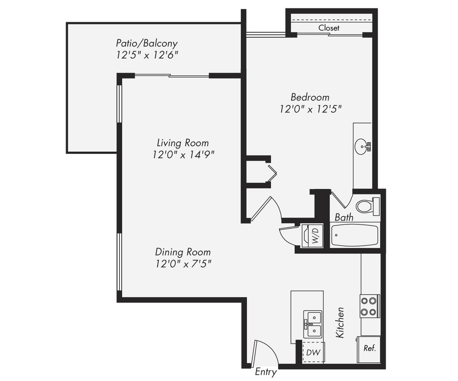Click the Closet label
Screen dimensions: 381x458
pyautogui.click(x=329, y=28)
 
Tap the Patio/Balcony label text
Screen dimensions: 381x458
pyautogui.click(x=146, y=43)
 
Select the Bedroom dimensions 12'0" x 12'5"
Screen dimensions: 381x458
pyautogui.click(x=310, y=109)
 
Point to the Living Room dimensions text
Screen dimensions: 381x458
pyautogui.click(x=183, y=154)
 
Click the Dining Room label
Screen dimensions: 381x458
pyautogui.click(x=183, y=252)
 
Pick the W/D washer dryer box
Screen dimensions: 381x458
pyautogui.click(x=312, y=236)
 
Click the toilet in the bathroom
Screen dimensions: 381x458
pyautogui.click(x=366, y=207)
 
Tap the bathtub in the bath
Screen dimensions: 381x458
pyautogui.click(x=354, y=235)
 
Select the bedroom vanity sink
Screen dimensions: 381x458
pyautogui.click(x=362, y=147)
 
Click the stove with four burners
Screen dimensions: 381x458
pyautogui.click(x=369, y=306)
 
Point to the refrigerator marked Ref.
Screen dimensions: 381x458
pyautogui.click(x=369, y=349)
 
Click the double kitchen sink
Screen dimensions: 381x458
pyautogui.click(x=312, y=324)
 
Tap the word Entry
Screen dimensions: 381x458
pyautogui.click(x=265, y=372)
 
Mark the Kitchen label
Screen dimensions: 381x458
pyautogui.click(x=340, y=322)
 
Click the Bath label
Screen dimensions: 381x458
pyautogui.click(x=344, y=218)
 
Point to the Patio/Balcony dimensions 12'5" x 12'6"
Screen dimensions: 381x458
pyautogui.click(x=146, y=55)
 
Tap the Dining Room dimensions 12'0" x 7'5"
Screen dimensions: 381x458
pyautogui.click(x=183, y=264)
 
